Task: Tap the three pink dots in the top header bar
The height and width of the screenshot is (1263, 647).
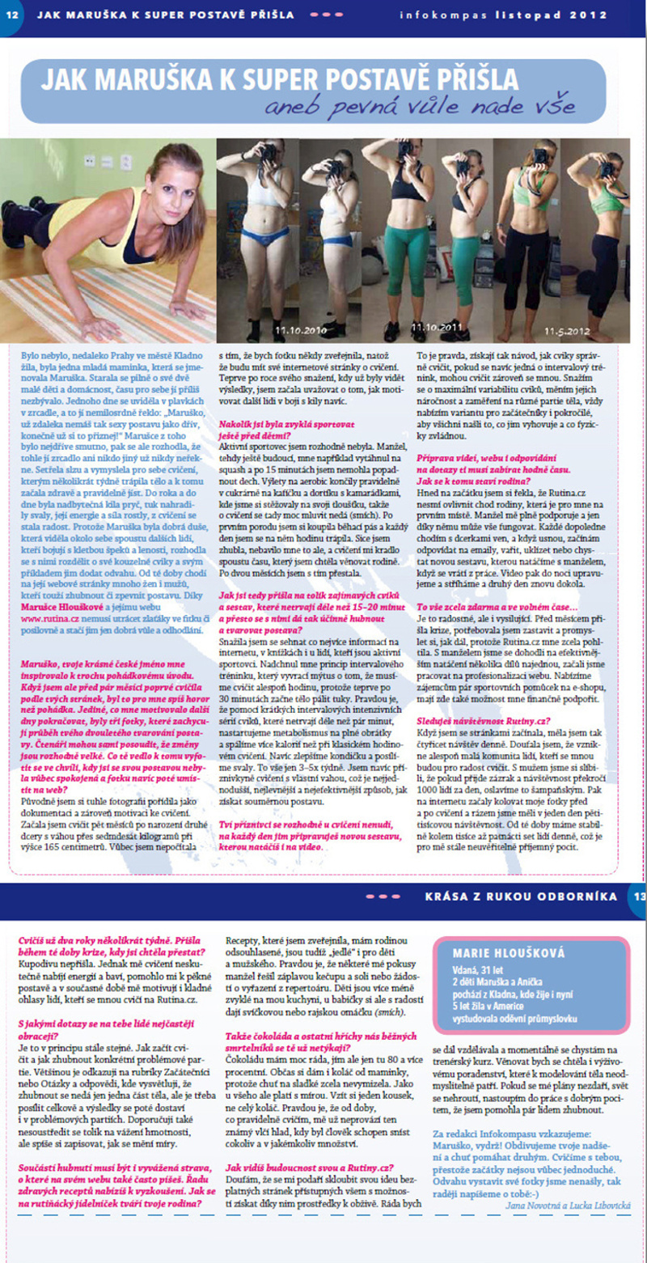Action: pos(327,15)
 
